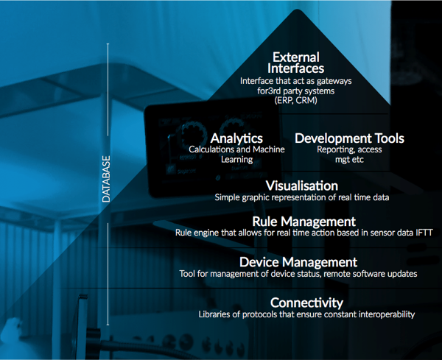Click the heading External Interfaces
click(x=295, y=63)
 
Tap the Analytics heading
click(x=236, y=138)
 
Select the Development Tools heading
click(x=349, y=138)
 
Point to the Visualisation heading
click(x=302, y=186)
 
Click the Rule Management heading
click(x=304, y=222)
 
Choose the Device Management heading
click(x=298, y=262)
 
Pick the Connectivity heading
click(x=306, y=303)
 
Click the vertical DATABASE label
click(x=106, y=179)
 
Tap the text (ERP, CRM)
click(x=295, y=100)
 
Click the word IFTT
click(x=424, y=233)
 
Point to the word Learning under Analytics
click(x=236, y=160)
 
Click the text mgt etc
click(x=349, y=160)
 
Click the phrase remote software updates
click(x=371, y=274)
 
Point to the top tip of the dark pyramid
click(x=297, y=10)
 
